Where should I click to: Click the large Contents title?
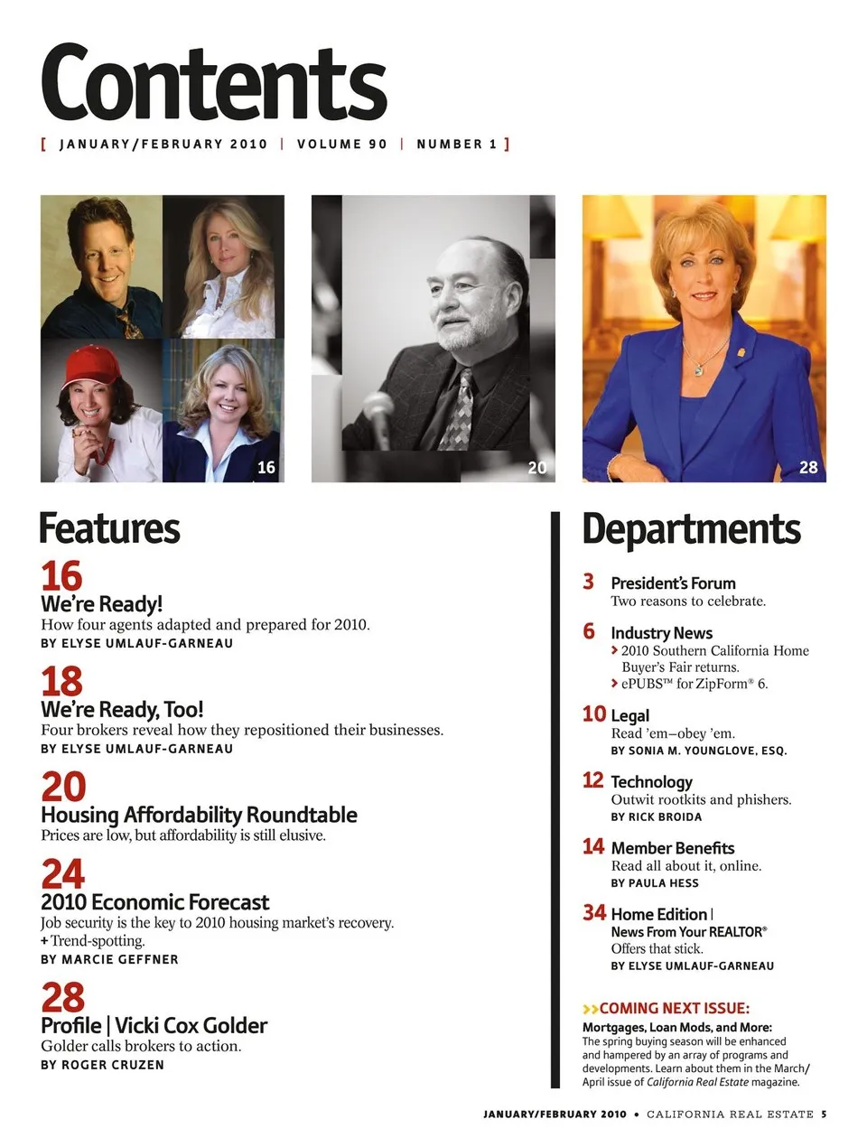[x=213, y=83]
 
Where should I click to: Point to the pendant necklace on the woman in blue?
[x=698, y=367]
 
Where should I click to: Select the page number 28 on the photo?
[x=808, y=467]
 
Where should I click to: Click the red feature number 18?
[x=61, y=680]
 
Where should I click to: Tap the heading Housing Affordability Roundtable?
[x=199, y=815]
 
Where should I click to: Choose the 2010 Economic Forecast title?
[x=154, y=902]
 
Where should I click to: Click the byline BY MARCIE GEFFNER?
[x=109, y=959]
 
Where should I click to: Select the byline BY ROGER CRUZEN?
[x=102, y=1065]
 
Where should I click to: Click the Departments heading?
[x=691, y=529]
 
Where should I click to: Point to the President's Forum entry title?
[x=673, y=583]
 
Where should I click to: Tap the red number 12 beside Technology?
[x=592, y=779]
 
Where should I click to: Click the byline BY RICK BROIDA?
[x=656, y=816]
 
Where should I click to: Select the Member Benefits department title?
[x=672, y=848]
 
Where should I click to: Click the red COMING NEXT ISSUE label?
[x=674, y=1008]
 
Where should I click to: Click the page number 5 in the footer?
[x=824, y=1114]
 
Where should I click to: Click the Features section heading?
[x=109, y=529]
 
